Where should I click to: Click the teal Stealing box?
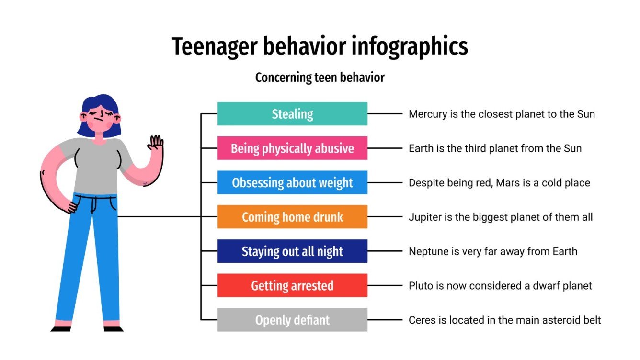tap(292, 114)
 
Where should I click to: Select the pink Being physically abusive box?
tap(292, 148)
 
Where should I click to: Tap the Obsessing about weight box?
tap(292, 183)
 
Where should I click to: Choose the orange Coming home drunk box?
tap(292, 217)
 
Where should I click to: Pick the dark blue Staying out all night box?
tap(292, 251)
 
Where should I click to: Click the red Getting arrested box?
tap(292, 286)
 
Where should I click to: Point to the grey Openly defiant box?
tap(292, 320)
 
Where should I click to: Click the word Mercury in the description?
tap(426, 114)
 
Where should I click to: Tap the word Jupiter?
tap(423, 217)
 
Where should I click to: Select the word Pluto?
tap(420, 286)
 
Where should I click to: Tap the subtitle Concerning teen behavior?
tap(320, 78)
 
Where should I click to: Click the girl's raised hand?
tap(156, 143)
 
